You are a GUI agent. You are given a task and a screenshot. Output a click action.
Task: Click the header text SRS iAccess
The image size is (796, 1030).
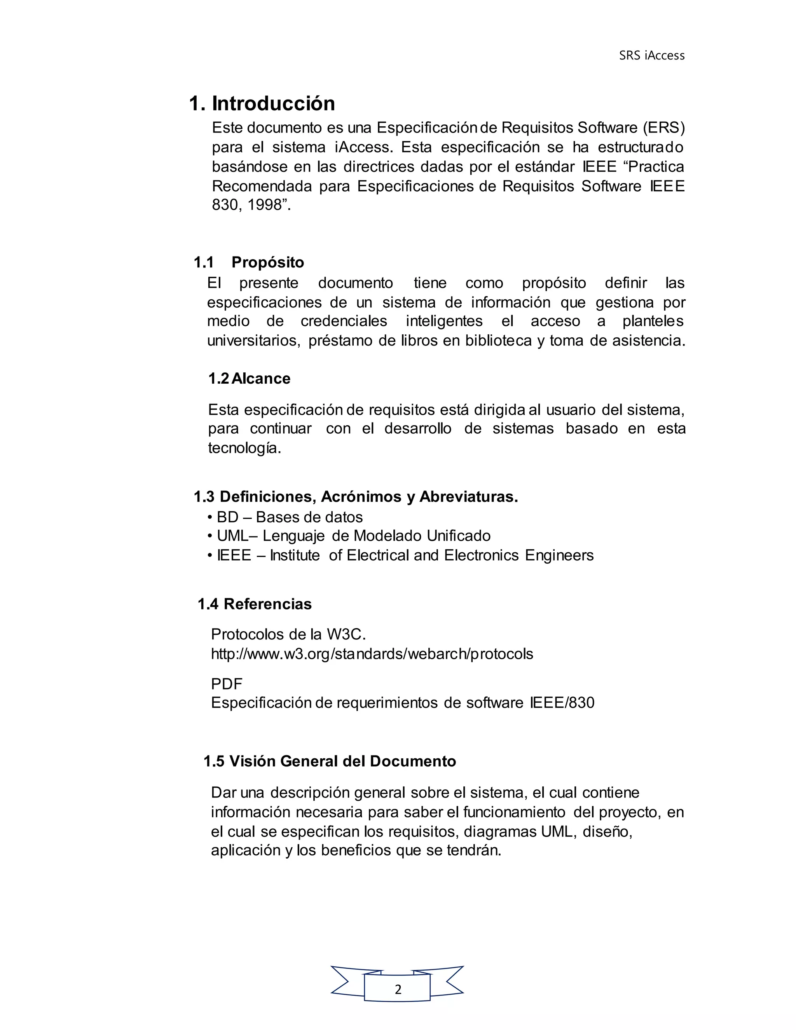[651, 56]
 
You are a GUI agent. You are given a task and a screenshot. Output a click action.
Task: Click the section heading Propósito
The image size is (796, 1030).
[267, 262]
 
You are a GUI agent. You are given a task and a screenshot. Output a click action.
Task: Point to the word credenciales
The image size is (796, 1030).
[344, 321]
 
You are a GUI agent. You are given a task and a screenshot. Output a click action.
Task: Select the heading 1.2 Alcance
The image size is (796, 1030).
[249, 378]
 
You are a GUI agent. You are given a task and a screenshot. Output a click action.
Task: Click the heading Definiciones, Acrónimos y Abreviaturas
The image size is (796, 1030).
[356, 497]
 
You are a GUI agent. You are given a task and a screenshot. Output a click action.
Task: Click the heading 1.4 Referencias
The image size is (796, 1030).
[255, 604]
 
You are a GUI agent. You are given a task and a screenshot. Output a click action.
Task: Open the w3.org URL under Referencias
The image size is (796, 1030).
[372, 654]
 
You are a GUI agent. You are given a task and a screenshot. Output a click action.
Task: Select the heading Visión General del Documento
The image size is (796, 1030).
[330, 761]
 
